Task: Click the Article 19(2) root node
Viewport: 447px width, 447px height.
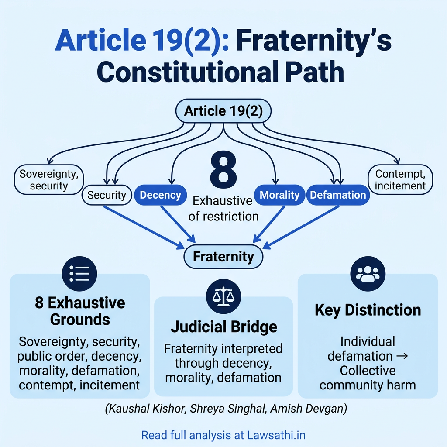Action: click(223, 111)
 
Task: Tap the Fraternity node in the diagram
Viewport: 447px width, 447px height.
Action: click(223, 256)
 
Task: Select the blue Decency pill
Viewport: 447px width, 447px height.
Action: click(160, 195)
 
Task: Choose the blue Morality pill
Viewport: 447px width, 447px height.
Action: click(279, 195)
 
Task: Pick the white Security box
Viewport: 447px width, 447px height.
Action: click(107, 195)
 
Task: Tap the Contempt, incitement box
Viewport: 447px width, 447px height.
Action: click(400, 179)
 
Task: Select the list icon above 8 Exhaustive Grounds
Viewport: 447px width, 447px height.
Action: click(79, 273)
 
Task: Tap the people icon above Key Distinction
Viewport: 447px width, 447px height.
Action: click(368, 273)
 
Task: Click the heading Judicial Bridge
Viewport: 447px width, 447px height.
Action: click(223, 327)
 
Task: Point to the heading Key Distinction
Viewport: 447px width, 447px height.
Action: click(368, 310)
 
